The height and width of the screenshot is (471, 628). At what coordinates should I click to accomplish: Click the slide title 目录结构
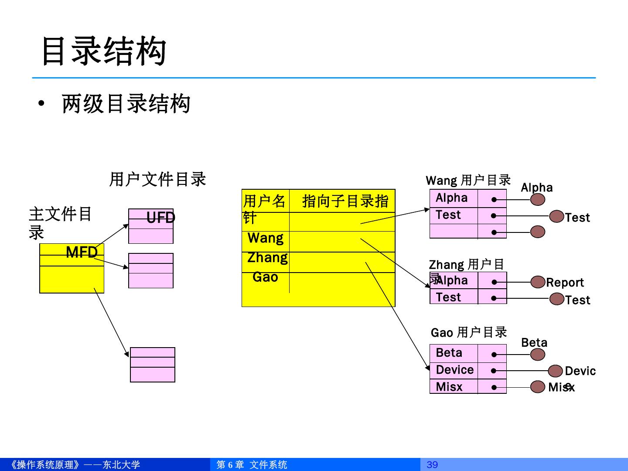click(104, 51)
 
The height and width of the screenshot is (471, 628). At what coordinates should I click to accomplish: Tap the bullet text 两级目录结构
click(126, 104)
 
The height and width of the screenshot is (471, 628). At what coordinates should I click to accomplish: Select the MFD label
click(82, 252)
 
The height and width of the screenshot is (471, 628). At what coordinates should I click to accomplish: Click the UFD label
click(160, 218)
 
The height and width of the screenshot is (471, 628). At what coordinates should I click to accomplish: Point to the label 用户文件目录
click(157, 179)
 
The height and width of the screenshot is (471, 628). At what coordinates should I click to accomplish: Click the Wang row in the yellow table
click(266, 238)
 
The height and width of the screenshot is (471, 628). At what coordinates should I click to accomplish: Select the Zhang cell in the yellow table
click(267, 258)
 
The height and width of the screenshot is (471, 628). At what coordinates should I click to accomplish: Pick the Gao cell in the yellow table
click(265, 277)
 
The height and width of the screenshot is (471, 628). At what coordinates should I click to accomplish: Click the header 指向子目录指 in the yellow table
click(345, 201)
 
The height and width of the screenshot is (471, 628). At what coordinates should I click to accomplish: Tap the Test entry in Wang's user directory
click(448, 215)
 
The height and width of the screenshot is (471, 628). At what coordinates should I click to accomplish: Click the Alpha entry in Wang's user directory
click(451, 198)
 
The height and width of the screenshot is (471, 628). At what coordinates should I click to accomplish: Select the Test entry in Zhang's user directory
click(448, 297)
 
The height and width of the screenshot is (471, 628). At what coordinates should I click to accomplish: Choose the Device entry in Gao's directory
click(454, 370)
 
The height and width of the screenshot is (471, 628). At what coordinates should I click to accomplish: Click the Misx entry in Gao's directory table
click(449, 387)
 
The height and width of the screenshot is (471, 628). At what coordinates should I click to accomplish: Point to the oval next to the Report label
click(538, 282)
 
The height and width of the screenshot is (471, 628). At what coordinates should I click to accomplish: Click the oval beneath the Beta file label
click(538, 355)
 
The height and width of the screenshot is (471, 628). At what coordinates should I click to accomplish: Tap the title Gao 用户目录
click(469, 333)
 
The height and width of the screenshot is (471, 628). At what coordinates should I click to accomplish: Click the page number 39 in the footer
click(432, 464)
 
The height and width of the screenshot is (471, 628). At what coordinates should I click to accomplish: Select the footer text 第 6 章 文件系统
click(252, 465)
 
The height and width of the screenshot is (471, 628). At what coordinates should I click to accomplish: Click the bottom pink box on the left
click(153, 365)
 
